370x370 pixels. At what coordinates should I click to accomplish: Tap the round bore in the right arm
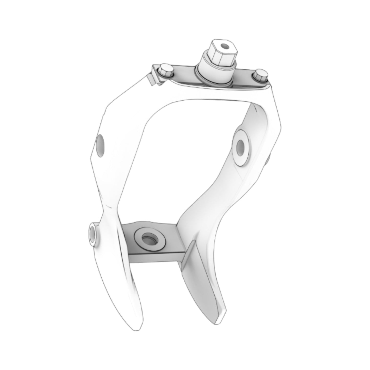[241, 147]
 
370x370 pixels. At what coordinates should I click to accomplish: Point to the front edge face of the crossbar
[156, 259]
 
